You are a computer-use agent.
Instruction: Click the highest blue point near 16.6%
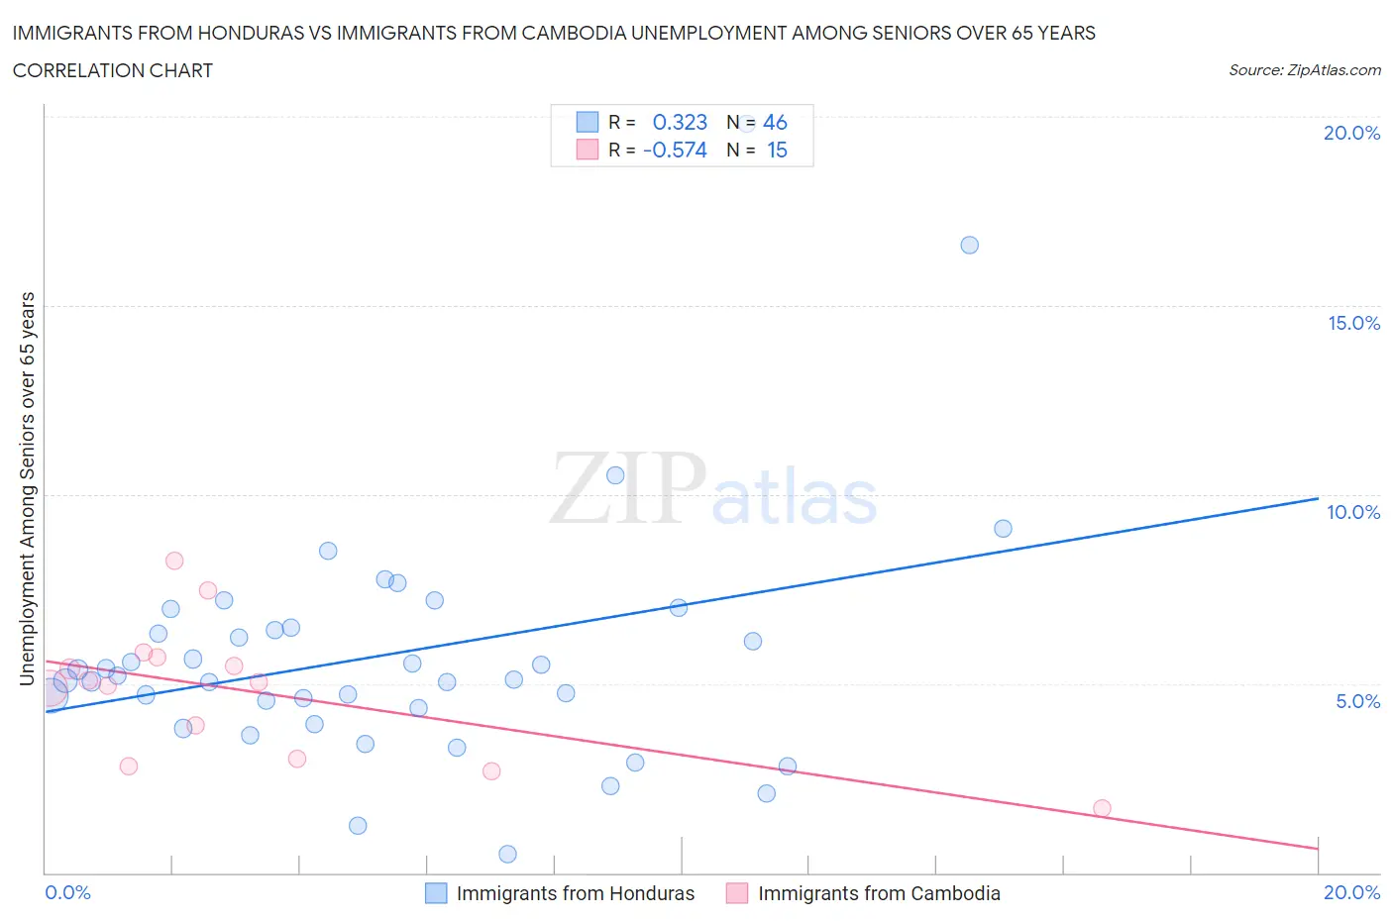click(969, 245)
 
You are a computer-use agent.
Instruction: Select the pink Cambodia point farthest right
click(1102, 808)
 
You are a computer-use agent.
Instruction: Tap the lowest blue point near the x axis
click(507, 854)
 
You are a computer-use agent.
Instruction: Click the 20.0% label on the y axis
click(1351, 133)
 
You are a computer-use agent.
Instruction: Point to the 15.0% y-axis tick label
click(1353, 323)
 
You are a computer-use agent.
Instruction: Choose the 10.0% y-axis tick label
click(1353, 512)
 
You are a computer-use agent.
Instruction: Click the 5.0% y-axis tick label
click(1357, 701)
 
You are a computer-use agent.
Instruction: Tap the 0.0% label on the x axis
click(67, 892)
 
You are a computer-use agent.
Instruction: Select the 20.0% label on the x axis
click(1351, 892)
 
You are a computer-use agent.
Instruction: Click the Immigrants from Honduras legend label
click(575, 893)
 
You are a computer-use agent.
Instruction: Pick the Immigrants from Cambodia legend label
click(879, 893)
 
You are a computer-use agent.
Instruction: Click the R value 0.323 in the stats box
click(680, 122)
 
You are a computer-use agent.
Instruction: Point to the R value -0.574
click(675, 150)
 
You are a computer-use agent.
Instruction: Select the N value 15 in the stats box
click(777, 150)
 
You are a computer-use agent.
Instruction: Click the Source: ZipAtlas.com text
click(1304, 69)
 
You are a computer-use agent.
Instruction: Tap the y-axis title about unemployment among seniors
click(27, 488)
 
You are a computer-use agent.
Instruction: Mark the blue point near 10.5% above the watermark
click(614, 475)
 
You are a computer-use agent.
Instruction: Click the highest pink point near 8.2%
click(174, 561)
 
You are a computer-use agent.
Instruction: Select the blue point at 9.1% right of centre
click(1003, 529)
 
